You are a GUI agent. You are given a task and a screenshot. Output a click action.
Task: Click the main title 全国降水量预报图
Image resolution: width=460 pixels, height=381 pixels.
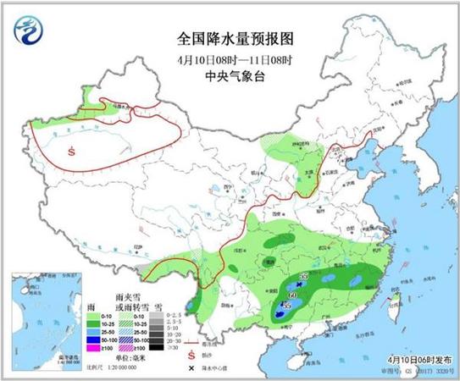(230, 38)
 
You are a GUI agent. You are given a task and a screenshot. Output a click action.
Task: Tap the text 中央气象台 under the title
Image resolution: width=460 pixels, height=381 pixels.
(230, 74)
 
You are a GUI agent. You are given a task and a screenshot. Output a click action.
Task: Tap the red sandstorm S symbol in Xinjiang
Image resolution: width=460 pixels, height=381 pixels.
(72, 151)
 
